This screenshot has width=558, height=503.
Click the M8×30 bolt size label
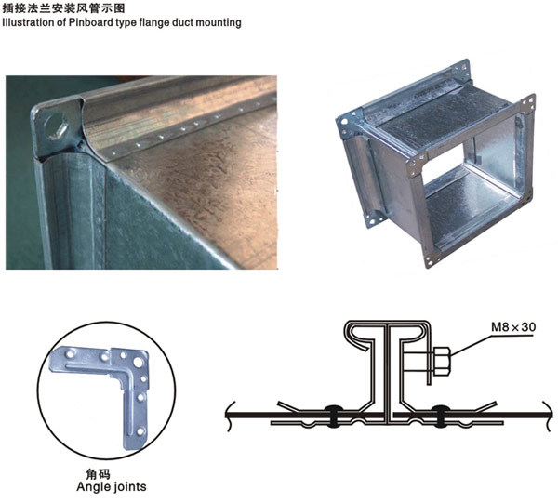[x=513, y=326]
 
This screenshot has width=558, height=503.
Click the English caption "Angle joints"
[x=112, y=486]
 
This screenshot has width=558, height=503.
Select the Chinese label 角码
[x=98, y=474]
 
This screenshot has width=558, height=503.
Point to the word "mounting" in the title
[x=219, y=22]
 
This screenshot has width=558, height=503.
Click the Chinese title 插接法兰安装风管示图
[x=63, y=7]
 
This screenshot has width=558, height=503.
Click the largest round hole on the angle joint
[x=139, y=363]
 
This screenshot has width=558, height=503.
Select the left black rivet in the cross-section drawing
[x=333, y=415]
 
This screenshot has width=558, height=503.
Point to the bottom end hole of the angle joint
[x=140, y=431]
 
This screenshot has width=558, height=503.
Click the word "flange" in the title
[x=153, y=22]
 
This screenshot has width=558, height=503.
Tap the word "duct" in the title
[x=182, y=22]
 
